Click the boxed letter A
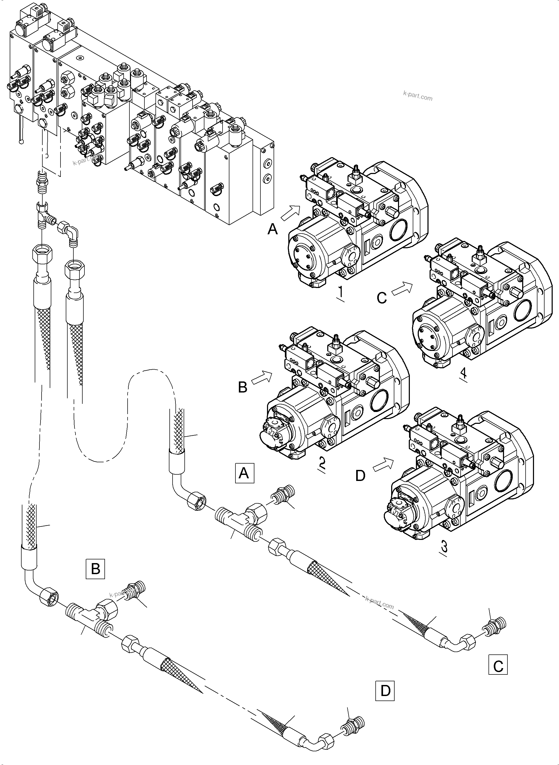tap(244, 473)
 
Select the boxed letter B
tap(95, 569)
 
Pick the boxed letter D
tap(385, 691)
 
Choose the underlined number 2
tap(322, 464)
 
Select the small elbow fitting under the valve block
tap(70, 232)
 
